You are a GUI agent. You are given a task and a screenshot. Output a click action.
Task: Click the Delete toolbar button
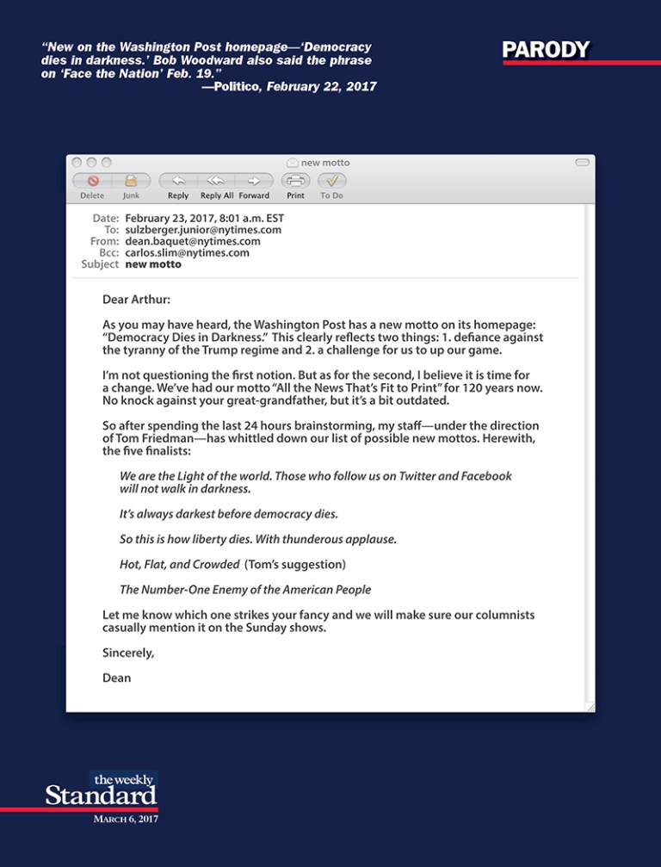coord(92,181)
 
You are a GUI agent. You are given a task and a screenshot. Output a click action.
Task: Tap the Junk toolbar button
coord(131,181)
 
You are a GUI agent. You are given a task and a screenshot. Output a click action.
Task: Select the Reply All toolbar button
coord(216,181)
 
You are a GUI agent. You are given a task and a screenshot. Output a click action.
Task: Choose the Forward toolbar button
coord(254,181)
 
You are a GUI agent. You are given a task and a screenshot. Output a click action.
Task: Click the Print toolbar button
coord(296,181)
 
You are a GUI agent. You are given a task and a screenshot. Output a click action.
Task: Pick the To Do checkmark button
coord(331,181)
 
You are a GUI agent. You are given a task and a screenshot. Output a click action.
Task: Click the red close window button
coord(76,162)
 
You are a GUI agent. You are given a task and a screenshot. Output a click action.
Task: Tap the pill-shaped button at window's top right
coord(582,162)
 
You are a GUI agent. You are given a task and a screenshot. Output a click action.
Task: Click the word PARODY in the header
coord(547,50)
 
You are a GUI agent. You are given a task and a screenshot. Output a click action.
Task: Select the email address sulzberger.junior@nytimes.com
coord(203,230)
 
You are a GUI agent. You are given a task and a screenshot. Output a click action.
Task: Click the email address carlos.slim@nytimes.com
coord(187,253)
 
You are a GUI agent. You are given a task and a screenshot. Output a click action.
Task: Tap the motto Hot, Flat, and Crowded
coord(179,565)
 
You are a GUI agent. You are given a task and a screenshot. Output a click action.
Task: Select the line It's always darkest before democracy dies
coord(228,514)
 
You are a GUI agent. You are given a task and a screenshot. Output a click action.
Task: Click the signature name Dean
coord(116,678)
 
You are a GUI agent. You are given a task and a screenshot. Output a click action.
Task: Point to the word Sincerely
coord(128,653)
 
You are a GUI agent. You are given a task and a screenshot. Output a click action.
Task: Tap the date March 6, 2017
coord(125,819)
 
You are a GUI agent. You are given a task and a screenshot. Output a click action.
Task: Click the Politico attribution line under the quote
coord(289,87)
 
